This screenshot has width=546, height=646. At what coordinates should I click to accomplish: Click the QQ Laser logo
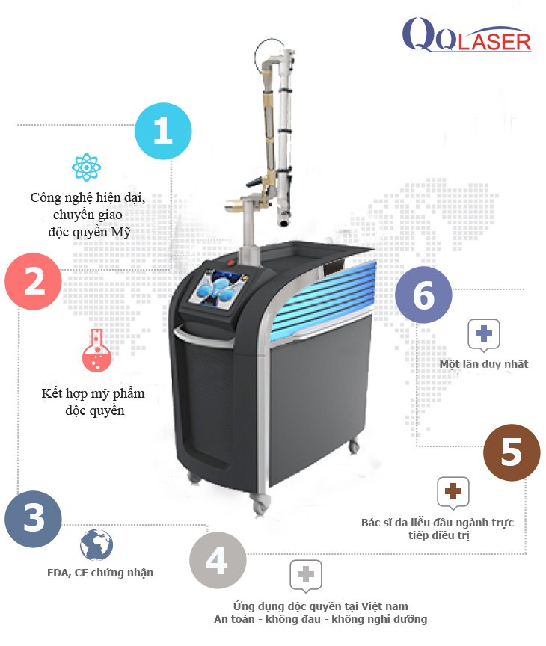click(x=467, y=35)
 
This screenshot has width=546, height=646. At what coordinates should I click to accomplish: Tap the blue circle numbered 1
click(x=163, y=131)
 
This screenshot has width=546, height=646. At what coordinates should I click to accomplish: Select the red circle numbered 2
click(x=34, y=281)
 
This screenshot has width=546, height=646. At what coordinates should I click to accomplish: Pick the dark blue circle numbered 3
click(x=34, y=519)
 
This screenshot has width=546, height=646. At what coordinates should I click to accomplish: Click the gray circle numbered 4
click(x=218, y=560)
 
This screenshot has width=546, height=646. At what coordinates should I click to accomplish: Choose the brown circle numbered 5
click(x=512, y=452)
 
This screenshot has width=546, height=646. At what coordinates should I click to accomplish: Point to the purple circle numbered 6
click(x=423, y=295)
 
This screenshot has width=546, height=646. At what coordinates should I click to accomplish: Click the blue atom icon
click(x=86, y=167)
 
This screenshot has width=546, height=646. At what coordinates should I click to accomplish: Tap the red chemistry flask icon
click(x=96, y=351)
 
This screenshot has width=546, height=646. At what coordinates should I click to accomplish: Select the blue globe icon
click(x=96, y=544)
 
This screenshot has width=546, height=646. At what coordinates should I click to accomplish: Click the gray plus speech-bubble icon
click(x=306, y=576)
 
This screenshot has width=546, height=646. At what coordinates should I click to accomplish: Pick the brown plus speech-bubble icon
click(x=453, y=493)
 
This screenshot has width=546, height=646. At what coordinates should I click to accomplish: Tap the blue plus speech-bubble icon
click(x=484, y=335)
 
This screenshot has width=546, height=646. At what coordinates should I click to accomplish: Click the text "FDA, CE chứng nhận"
click(x=100, y=573)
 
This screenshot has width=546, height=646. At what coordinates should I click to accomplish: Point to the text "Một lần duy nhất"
click(x=484, y=364)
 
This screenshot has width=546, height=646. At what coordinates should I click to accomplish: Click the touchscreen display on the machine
click(x=217, y=289)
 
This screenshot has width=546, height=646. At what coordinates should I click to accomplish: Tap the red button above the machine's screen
click(x=231, y=262)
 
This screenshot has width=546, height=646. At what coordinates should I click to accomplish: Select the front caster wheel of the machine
click(x=260, y=505)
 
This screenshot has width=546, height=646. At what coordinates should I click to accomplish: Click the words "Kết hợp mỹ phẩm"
click(x=93, y=394)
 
